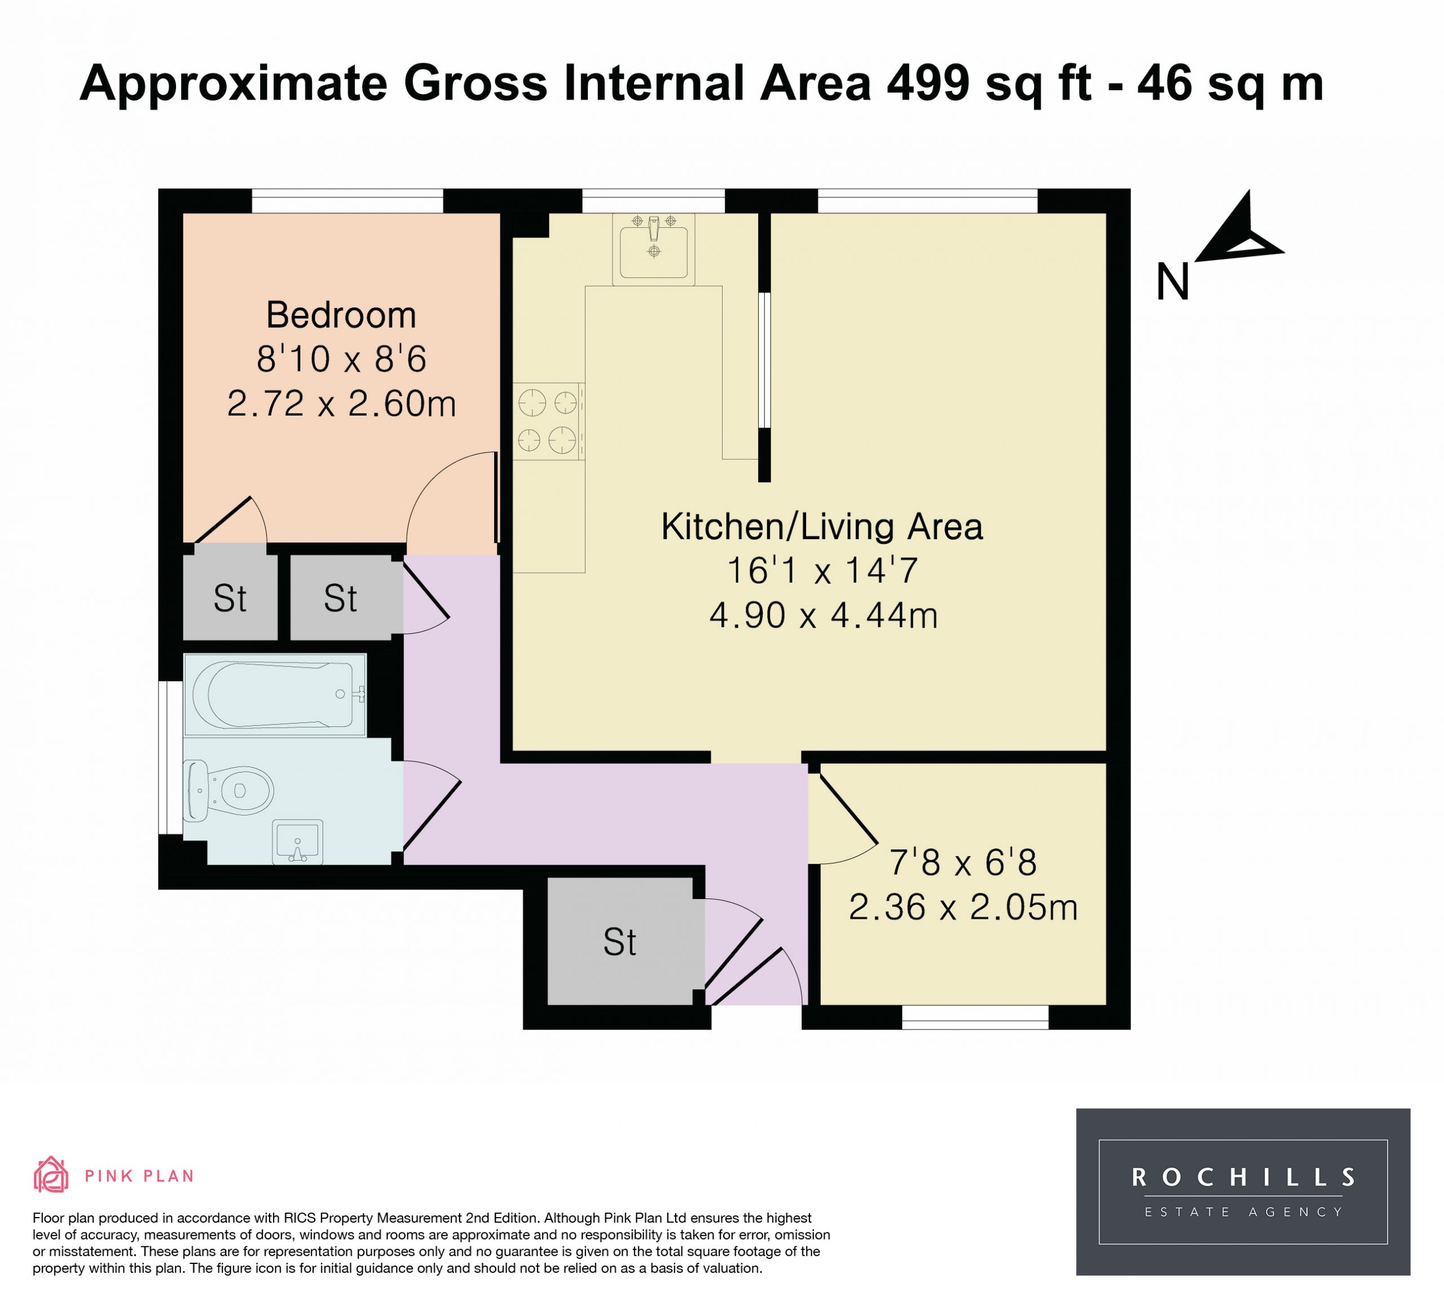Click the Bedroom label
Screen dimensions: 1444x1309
[341, 315]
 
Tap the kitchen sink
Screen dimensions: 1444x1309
[653, 249]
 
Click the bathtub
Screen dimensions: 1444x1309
[275, 695]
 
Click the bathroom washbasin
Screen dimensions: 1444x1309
[298, 841]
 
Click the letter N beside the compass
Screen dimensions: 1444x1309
[1173, 282]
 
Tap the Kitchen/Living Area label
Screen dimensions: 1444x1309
[822, 527]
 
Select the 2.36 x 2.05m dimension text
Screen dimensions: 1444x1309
[963, 907]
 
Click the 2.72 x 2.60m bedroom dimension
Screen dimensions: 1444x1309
[342, 404]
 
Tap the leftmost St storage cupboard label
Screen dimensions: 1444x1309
[230, 598]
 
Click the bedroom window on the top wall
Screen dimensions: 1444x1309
[347, 201]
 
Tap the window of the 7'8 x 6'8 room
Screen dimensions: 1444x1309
[975, 1017]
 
